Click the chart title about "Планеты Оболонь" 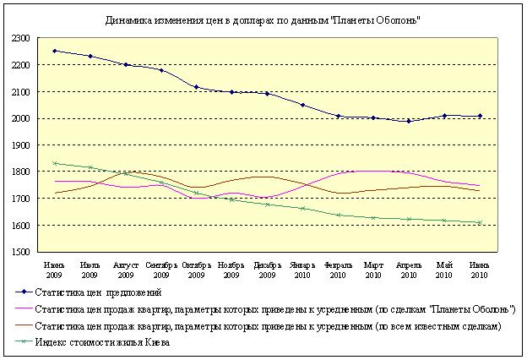pos(263,19)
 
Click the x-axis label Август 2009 pos(126,270)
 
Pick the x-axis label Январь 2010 pos(303,270)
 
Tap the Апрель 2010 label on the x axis pos(409,270)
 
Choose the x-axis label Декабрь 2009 pos(268,270)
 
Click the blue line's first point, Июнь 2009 pos(55,51)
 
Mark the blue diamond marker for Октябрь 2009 pos(197,87)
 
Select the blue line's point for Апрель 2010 pos(410,121)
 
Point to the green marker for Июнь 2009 pos(55,163)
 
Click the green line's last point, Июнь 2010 pos(481,222)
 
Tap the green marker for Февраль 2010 pos(339,215)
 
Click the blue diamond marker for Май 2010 pos(445,116)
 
